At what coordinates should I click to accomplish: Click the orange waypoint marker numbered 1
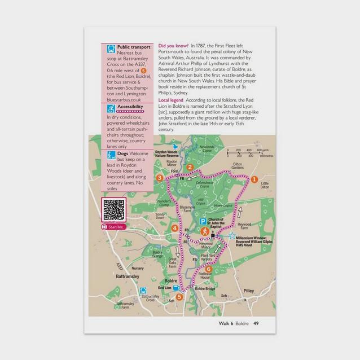254,179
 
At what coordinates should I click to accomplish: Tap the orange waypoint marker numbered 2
190,166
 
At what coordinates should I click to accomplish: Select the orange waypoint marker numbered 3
160,178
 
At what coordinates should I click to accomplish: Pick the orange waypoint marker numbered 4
175,228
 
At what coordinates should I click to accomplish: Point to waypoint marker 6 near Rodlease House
209,269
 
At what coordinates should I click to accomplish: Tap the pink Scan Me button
112,227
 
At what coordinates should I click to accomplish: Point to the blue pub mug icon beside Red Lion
175,287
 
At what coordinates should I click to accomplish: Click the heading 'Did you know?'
173,45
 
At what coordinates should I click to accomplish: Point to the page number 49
256,323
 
